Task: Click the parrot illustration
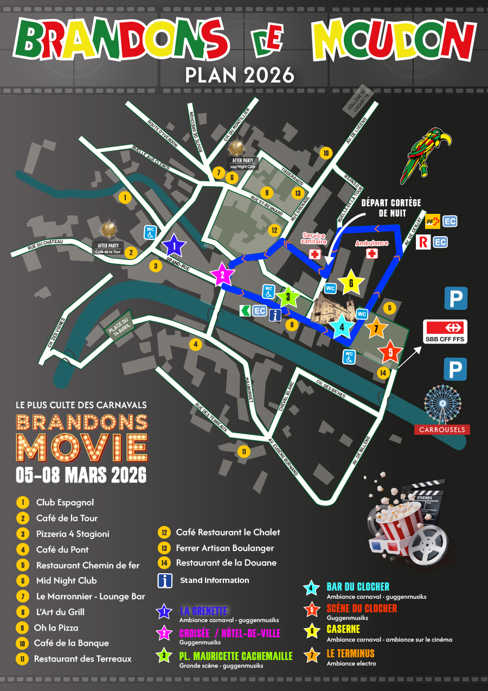pyautogui.click(x=425, y=154)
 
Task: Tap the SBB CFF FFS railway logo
pyautogui.click(x=445, y=331)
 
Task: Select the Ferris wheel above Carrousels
pyautogui.click(x=442, y=404)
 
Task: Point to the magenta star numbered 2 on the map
pyautogui.click(x=222, y=275)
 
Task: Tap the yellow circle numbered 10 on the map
pyautogui.click(x=325, y=153)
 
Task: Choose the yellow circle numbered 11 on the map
pyautogui.click(x=244, y=451)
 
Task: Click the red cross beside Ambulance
pyautogui.click(x=372, y=253)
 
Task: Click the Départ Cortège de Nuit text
pyautogui.click(x=390, y=208)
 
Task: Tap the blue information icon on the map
pyautogui.click(x=275, y=315)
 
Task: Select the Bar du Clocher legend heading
pyautogui.click(x=358, y=587)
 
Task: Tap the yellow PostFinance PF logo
pyautogui.click(x=432, y=221)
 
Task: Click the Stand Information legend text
pyautogui.click(x=215, y=580)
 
